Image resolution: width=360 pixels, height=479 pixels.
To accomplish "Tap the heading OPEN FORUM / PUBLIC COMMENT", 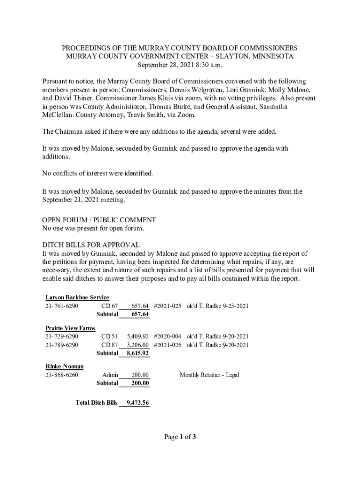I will (99, 220).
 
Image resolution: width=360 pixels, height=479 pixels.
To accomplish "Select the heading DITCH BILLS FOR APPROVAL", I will (91, 245).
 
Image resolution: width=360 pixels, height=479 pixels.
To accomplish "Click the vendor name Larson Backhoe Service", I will (77, 298).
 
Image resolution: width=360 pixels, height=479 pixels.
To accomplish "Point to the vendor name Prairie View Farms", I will (70, 328).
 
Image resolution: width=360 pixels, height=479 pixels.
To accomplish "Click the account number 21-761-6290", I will (62, 306).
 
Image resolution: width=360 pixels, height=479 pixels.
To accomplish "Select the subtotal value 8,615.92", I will (137, 353).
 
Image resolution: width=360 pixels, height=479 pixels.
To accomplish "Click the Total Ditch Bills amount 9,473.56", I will (137, 403).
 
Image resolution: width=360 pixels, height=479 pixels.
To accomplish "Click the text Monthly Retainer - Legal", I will (209, 375).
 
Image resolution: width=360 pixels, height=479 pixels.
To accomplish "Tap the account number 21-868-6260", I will (62, 375).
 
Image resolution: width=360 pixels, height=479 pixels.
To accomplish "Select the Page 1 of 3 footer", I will (180, 437).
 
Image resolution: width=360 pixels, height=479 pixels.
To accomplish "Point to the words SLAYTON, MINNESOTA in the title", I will (257, 56).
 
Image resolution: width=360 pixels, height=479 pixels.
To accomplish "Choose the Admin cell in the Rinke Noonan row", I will (110, 375).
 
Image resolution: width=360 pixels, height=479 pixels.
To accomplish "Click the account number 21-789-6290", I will (62, 345).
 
